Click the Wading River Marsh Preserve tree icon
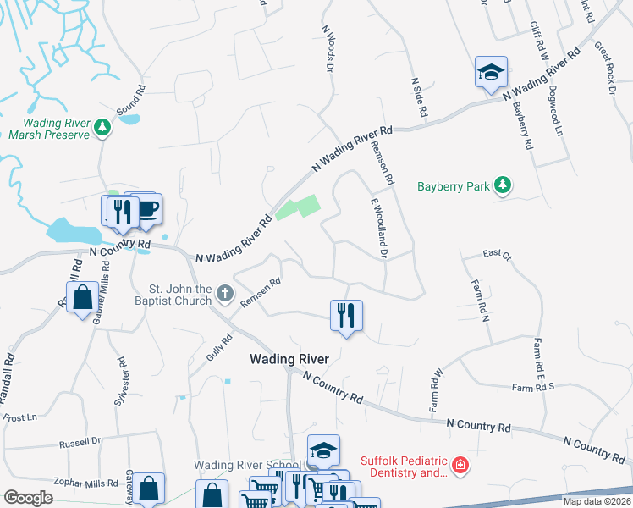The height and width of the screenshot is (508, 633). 102,128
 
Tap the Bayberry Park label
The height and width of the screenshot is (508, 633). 454,186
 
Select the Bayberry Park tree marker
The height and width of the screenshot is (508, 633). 503,185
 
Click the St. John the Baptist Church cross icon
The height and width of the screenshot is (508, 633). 224,294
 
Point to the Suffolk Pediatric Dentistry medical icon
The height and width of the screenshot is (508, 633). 460,466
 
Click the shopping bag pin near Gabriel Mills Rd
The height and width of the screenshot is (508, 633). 82,298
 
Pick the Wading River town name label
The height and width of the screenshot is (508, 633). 289,359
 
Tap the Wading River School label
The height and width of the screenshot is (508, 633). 247,465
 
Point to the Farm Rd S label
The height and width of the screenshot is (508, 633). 533,387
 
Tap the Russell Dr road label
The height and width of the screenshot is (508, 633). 79,441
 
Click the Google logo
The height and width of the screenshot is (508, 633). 28,498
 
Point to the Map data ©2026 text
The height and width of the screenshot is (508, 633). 597,502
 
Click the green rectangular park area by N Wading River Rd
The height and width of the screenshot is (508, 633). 298,208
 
